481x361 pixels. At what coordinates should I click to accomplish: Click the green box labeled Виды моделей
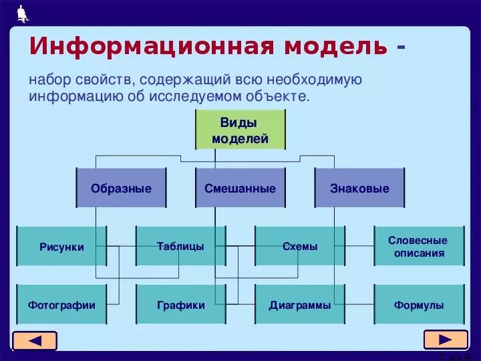point(240,130)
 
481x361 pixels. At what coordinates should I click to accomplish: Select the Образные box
point(121,189)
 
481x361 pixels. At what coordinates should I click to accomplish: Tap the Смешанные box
point(240,189)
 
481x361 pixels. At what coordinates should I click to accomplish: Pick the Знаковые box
point(359,189)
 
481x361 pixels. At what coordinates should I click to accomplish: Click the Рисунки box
point(61,247)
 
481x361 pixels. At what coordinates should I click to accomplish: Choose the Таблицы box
point(180,246)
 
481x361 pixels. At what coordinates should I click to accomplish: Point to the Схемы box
point(300,246)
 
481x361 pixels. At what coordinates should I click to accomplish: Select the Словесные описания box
point(419,246)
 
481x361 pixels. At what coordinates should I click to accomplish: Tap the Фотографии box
point(61,305)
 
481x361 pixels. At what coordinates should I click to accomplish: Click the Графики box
point(180,305)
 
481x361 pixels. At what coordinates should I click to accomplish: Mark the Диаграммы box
point(300,305)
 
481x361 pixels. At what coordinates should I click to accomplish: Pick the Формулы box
point(419,305)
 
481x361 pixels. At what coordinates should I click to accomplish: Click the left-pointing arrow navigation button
point(35,341)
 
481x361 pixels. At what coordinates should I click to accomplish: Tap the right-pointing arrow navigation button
point(445,340)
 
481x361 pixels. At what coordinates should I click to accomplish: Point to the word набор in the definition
point(49,80)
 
